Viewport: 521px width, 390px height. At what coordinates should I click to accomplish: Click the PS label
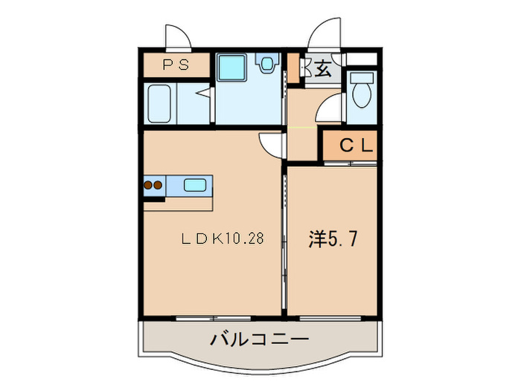pyautogui.click(x=176, y=65)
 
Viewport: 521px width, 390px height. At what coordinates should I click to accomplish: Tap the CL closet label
pyautogui.click(x=356, y=146)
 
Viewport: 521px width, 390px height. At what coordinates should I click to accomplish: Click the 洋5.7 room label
pyautogui.click(x=336, y=239)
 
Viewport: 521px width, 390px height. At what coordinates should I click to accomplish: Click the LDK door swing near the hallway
pyautogui.click(x=272, y=145)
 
